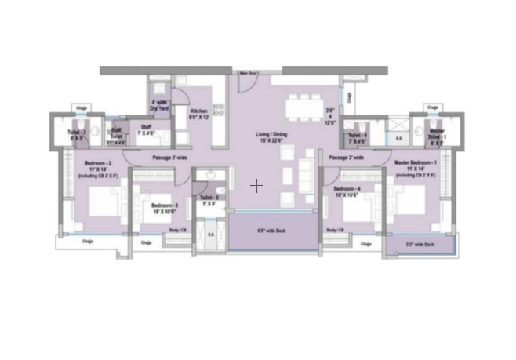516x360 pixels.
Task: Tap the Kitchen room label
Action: (200, 115)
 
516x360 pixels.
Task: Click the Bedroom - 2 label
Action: (98, 166)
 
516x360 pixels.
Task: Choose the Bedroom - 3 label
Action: (164, 208)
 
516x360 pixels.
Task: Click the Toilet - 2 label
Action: (76, 134)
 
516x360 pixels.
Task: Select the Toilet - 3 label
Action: (209, 200)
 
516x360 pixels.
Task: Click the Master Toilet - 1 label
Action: (437, 134)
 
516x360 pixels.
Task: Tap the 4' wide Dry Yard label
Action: (160, 105)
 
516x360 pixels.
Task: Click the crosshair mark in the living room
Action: (256, 186)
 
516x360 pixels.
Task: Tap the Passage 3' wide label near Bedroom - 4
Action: (346, 158)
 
